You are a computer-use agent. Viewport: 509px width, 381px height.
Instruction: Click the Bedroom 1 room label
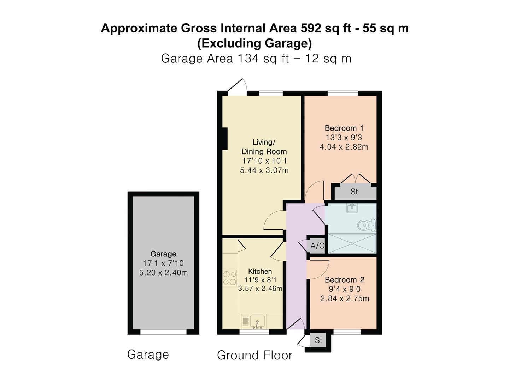(344, 128)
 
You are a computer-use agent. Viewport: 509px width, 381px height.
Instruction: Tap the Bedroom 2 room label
(344, 280)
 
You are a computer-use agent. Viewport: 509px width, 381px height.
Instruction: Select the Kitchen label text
(260, 271)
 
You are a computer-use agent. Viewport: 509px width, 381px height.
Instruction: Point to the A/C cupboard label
(317, 246)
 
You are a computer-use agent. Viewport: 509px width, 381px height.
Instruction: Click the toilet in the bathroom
(367, 225)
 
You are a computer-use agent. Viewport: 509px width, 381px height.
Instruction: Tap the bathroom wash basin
(352, 208)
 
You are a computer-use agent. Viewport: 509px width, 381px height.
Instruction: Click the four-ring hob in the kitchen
(230, 278)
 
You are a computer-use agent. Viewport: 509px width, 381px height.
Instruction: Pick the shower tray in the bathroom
(352, 243)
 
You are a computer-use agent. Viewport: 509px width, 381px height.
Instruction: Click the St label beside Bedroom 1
(354, 192)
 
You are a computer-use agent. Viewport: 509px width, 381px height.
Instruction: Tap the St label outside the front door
(318, 340)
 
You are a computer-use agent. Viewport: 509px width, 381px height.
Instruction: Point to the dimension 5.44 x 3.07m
(264, 170)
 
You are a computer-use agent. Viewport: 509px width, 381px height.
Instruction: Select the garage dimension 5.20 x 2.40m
(163, 272)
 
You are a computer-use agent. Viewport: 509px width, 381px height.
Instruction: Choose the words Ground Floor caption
(255, 355)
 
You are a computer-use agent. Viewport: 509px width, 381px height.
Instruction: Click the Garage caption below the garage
(148, 355)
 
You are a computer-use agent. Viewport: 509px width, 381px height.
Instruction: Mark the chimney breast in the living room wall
(225, 139)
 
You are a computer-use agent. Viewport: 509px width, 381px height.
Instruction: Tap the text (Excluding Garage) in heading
(255, 43)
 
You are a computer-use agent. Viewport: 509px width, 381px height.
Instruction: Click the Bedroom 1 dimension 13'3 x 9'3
(344, 138)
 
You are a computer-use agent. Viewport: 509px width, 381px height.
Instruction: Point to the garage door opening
(163, 332)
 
